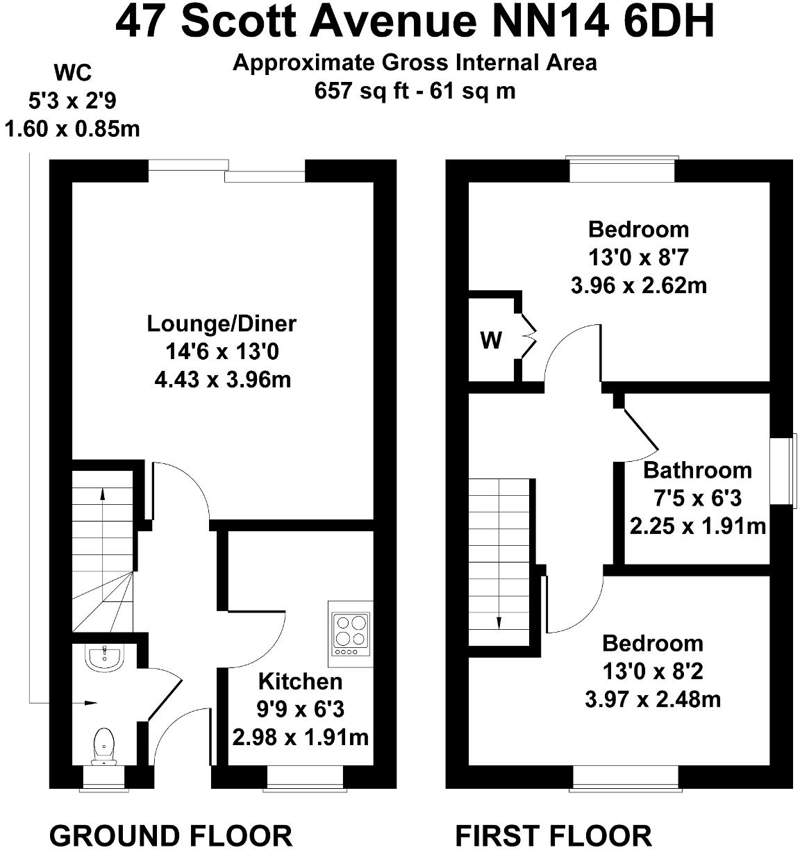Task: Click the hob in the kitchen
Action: pyautogui.click(x=350, y=634)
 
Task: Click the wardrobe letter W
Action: pyautogui.click(x=491, y=341)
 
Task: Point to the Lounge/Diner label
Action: pyautogui.click(x=222, y=324)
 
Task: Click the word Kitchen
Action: pyautogui.click(x=300, y=681)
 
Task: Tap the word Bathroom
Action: pyautogui.click(x=697, y=470)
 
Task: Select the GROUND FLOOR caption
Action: pyautogui.click(x=171, y=835)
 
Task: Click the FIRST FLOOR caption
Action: pyautogui.click(x=553, y=835)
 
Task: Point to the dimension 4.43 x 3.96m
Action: pyautogui.click(x=222, y=380)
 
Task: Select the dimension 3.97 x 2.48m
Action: pyautogui.click(x=652, y=699)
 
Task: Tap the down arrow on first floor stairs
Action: pyautogui.click(x=499, y=622)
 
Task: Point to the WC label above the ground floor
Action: pyautogui.click(x=72, y=72)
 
